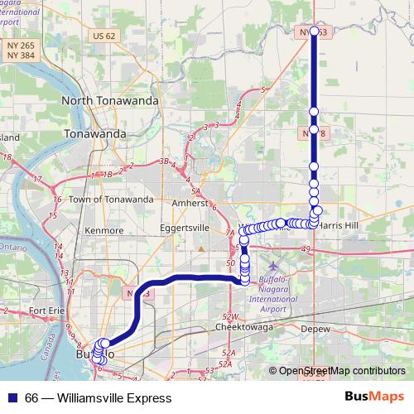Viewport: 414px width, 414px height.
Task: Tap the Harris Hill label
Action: (339, 224)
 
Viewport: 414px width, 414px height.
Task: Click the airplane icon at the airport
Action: (275, 266)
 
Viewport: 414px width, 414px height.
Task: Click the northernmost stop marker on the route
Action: (314, 31)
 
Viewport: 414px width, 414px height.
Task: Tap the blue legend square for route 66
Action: (12, 397)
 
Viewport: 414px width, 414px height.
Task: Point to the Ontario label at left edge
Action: (12, 248)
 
